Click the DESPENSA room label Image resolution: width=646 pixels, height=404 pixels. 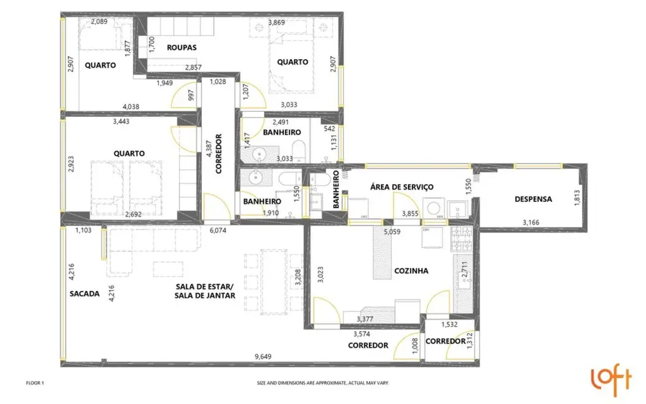point(533,200)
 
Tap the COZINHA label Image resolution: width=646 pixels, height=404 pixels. point(411,271)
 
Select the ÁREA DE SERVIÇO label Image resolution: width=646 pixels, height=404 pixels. point(401,186)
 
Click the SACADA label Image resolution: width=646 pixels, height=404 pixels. point(84,294)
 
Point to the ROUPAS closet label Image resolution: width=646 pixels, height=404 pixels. point(182,47)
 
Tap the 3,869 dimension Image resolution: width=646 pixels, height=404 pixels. point(277,22)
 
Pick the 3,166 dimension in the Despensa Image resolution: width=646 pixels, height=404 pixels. point(532,222)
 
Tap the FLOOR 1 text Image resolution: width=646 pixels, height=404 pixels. point(35,383)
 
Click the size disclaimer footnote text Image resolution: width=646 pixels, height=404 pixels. point(322,383)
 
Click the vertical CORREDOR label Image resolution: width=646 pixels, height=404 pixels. point(218,154)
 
